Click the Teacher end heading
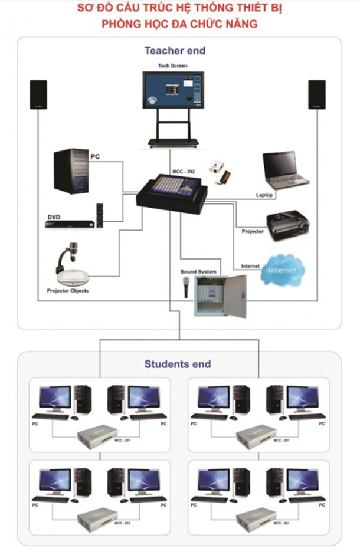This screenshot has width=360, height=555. point(175,51)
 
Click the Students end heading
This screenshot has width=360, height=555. point(178,364)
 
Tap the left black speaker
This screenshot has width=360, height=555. point(39,94)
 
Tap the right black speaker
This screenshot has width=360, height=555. point(317,94)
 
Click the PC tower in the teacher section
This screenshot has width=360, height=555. point(71,172)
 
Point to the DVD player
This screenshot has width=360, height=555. point(70,224)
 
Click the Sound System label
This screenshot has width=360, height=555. point(198,271)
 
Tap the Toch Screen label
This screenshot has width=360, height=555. point(172,65)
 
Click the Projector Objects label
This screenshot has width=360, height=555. point(68,291)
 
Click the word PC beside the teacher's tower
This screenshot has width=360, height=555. point(94,157)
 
